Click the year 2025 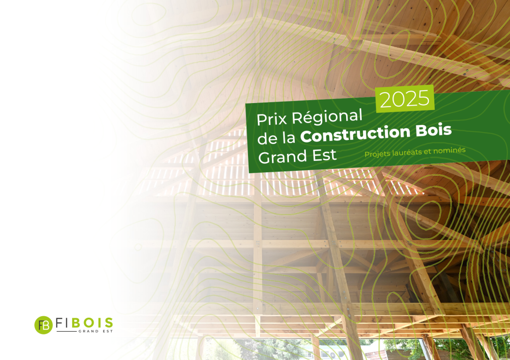tap(404, 99)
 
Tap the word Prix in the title tap(272, 119)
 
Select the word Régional tap(327, 117)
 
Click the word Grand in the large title tap(281, 157)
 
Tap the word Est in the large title tap(323, 155)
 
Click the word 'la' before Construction tap(289, 137)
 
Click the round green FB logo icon tap(44, 325)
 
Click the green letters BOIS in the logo tap(92, 323)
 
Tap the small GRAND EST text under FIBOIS tap(96, 331)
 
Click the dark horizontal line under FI tap(67, 332)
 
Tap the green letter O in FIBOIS tap(89, 323)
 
